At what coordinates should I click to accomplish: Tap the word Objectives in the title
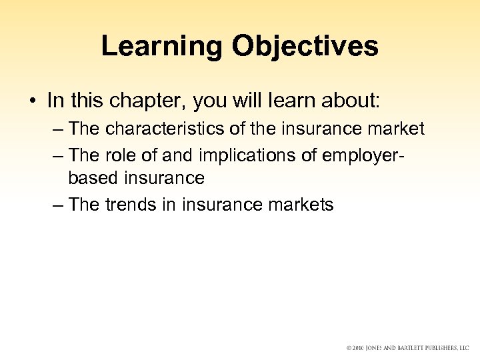tap(305, 46)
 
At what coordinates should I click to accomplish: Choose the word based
tap(91, 178)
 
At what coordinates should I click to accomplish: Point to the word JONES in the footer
tap(380, 348)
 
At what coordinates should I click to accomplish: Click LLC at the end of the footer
tap(464, 348)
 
